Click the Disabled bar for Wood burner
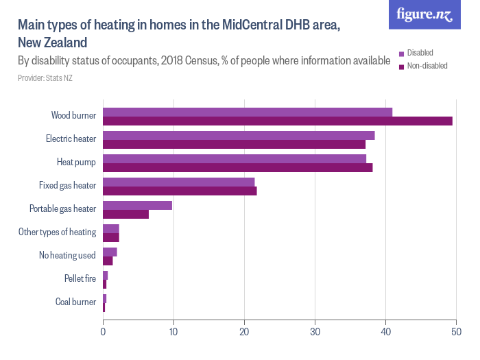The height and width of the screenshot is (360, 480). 247,112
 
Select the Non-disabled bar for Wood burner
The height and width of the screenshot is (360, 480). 277,121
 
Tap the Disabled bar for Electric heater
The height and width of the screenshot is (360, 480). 239,135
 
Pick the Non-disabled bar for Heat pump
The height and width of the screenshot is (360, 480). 237,168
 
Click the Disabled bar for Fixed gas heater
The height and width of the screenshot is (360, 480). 178,182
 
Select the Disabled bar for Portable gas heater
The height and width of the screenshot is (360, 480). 137,205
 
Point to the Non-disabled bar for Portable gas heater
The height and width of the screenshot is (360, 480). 125,215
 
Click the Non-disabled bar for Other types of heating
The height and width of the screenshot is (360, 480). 111,238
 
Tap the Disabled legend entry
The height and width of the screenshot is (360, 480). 420,53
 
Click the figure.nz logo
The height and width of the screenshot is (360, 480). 424,14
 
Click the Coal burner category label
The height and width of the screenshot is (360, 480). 75,302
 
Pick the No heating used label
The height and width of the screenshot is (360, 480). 67,255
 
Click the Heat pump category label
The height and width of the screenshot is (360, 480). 76,163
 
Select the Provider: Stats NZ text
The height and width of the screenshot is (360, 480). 45,78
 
